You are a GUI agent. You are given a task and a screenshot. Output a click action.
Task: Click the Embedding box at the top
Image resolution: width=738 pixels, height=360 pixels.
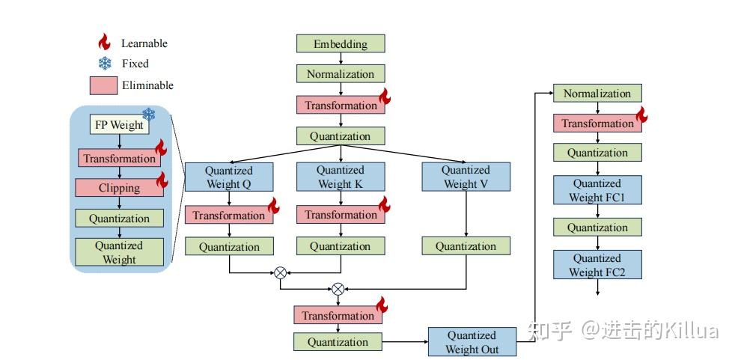point(341,43)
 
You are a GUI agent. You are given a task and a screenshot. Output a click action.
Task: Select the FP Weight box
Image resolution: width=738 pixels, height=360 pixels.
point(118,125)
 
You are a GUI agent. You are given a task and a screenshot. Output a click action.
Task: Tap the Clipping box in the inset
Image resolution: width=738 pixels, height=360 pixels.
point(119,188)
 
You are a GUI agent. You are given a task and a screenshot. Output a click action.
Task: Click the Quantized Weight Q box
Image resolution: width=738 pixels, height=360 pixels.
point(229,177)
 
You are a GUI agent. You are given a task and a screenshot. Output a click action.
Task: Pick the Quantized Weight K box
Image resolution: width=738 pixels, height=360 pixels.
point(341,177)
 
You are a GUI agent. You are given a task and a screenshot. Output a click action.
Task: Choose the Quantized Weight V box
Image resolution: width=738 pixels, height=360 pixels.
point(466,177)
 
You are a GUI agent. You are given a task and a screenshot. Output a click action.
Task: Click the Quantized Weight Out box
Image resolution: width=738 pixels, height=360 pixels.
point(472,342)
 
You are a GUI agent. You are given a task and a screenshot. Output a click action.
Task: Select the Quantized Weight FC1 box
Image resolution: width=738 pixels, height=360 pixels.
point(597,190)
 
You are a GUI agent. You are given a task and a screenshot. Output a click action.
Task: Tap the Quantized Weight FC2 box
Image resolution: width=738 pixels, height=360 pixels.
point(597,265)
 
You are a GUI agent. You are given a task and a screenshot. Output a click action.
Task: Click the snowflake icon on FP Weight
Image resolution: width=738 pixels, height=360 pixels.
point(148,114)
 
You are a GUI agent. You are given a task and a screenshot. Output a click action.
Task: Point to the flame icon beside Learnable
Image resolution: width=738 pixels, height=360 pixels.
point(104,42)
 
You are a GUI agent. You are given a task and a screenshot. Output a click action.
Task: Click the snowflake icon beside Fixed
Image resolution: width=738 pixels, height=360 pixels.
point(104,64)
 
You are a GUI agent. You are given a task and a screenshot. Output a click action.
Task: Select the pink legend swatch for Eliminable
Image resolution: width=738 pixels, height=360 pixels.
point(103,85)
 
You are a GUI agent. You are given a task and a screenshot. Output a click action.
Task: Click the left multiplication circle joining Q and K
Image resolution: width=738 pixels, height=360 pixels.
point(281,273)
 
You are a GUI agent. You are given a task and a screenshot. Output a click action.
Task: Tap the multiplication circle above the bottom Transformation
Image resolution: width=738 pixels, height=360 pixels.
point(338,288)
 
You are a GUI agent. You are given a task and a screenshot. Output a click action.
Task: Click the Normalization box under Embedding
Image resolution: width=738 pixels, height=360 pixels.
point(341,74)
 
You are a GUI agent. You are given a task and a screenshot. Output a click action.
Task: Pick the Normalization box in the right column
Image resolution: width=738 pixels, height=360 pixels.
point(597,94)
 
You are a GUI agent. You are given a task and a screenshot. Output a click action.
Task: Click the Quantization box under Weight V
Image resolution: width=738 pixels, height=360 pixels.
point(466,246)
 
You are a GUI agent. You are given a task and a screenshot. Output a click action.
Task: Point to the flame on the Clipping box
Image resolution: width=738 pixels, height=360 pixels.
point(162,180)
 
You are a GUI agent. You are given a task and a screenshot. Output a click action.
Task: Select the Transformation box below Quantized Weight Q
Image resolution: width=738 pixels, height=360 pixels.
point(229,216)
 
